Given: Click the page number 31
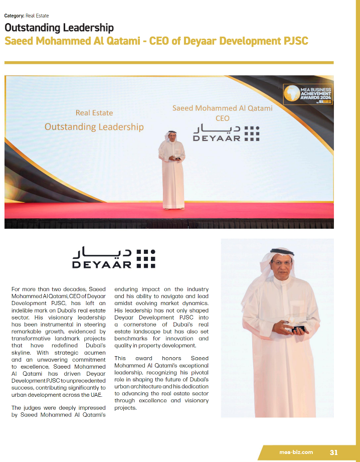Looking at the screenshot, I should [334, 452].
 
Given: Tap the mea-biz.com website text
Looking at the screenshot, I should [296, 452].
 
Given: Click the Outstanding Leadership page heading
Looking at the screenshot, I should [59, 28].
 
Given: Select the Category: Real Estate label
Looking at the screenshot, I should [27, 16].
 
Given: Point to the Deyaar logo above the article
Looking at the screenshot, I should [114, 257].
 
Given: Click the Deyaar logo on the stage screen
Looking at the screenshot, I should [226, 132].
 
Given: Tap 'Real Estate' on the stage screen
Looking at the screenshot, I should [94, 113].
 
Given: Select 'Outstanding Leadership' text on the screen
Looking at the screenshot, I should [94, 127].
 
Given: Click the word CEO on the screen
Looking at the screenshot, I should [222, 118].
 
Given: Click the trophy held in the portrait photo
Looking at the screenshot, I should [293, 327].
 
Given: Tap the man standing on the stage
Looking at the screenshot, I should [172, 171].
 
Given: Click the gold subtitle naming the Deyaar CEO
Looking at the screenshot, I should [156, 41].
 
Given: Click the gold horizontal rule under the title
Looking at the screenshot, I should [168, 63].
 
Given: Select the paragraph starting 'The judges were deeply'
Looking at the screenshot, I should [59, 411].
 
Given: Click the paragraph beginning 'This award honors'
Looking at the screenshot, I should [161, 383].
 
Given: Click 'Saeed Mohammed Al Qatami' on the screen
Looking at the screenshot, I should [222, 108].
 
